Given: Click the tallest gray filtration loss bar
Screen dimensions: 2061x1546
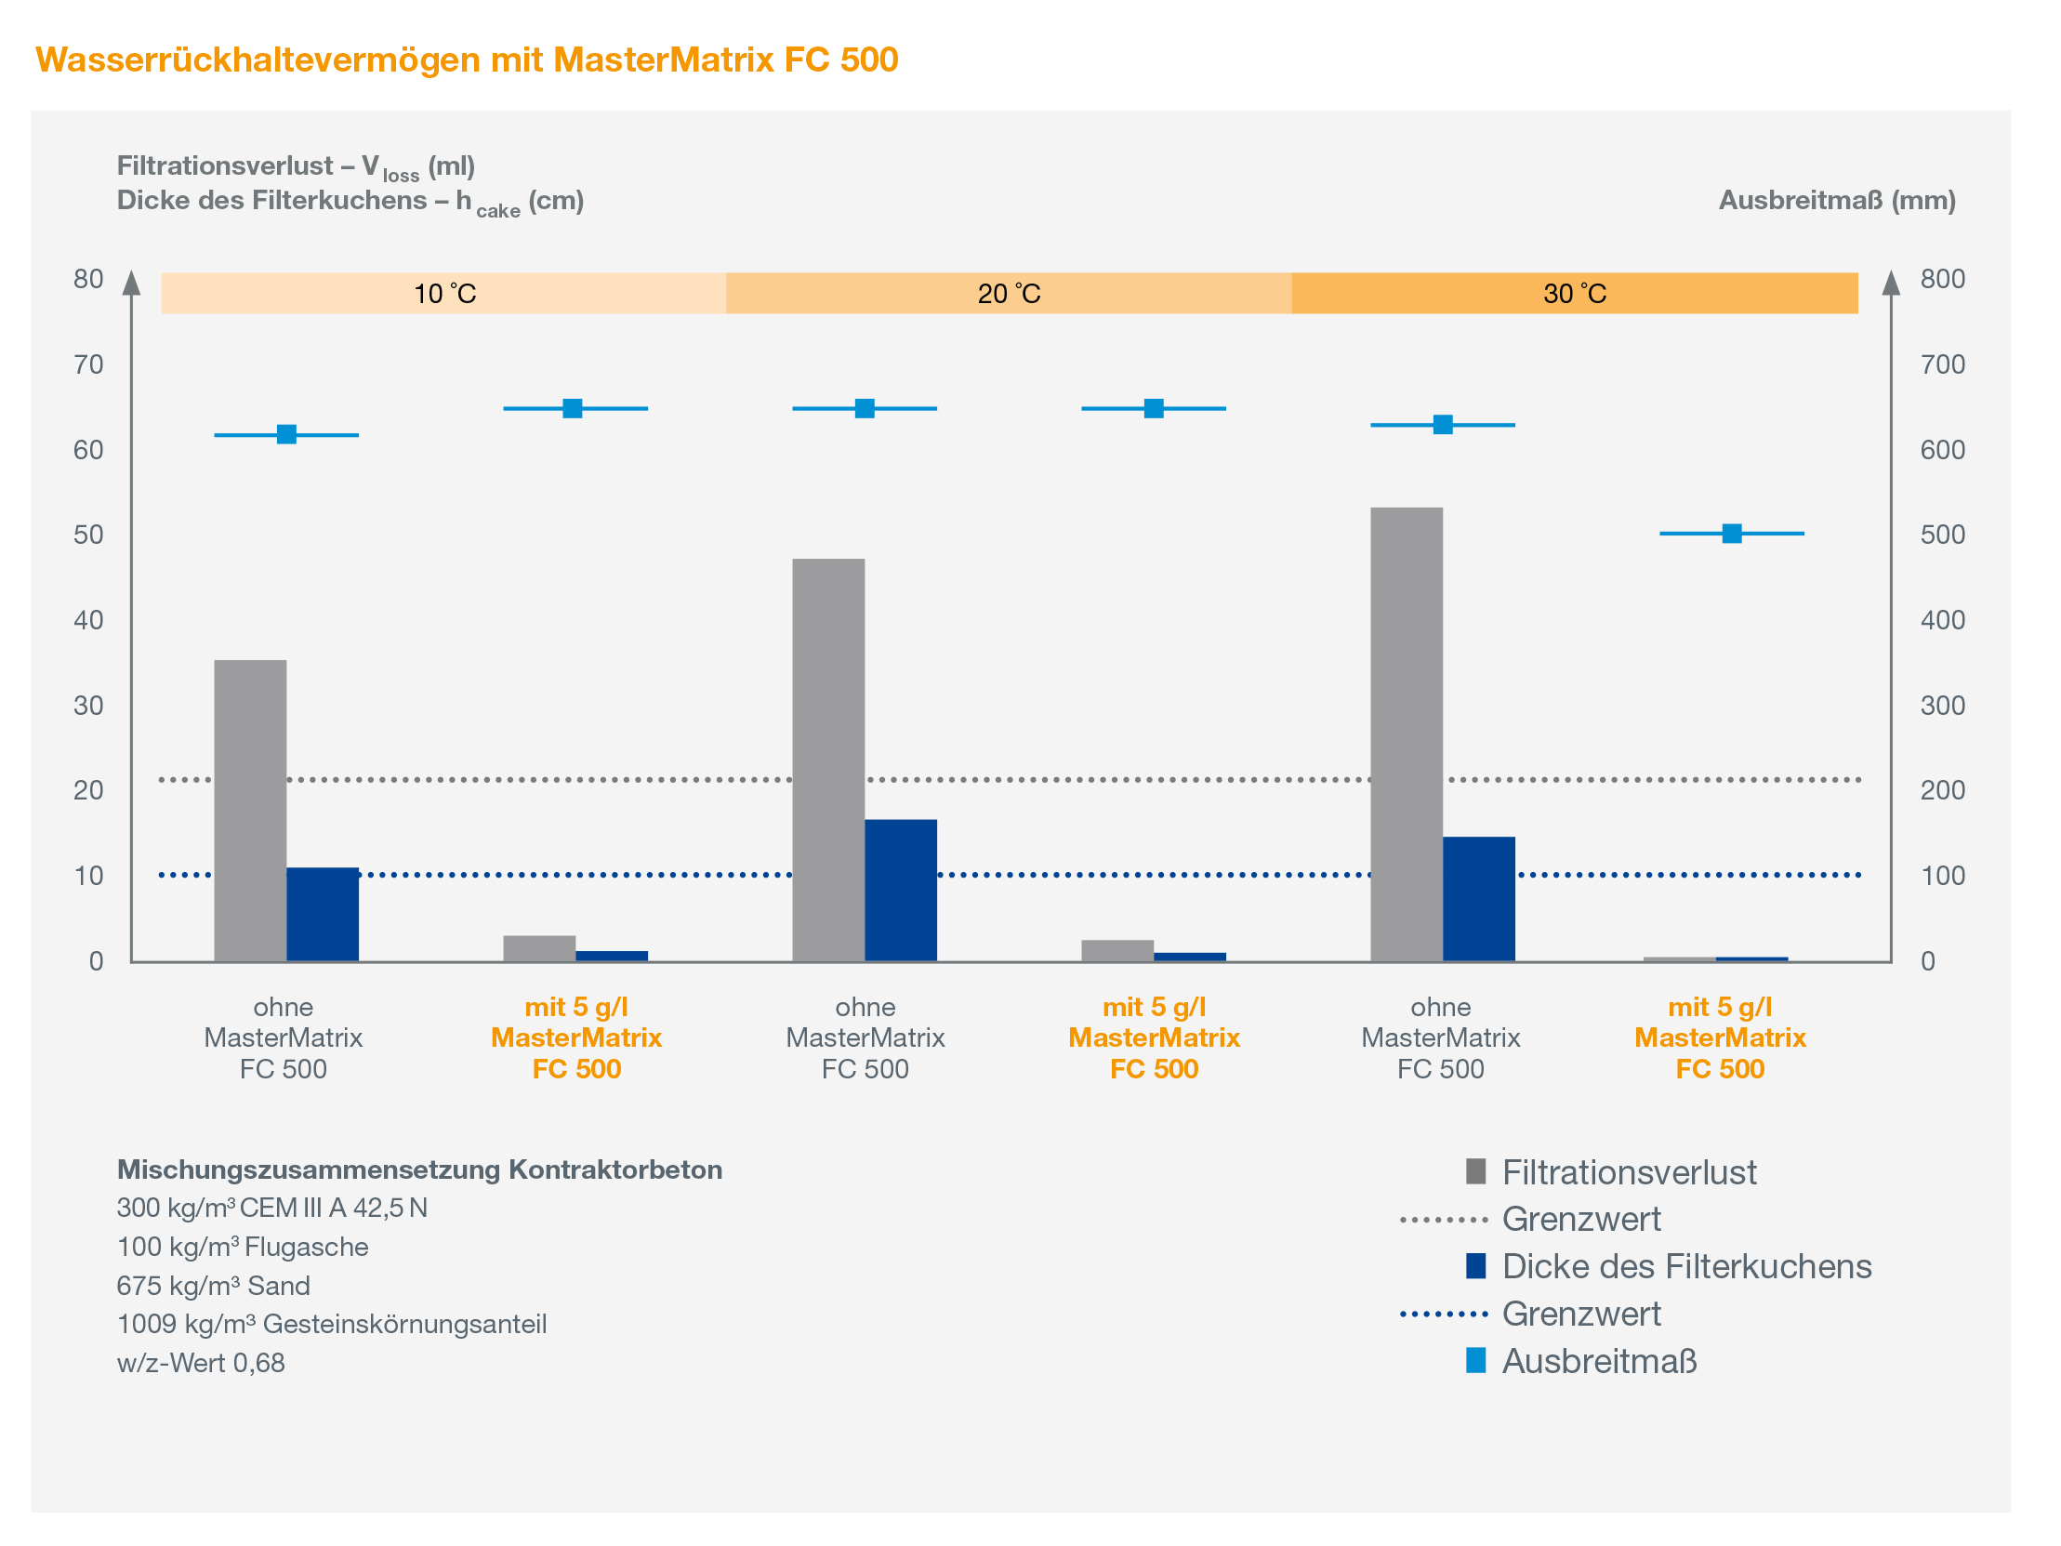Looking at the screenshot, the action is (1406, 734).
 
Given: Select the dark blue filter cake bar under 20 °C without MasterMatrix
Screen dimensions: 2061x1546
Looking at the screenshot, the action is (901, 890).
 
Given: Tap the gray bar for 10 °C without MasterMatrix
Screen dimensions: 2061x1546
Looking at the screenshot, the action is (251, 811).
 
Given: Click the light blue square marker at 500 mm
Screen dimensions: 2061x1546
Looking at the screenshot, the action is (1732, 534).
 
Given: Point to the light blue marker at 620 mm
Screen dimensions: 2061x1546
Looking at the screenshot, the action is (287, 435).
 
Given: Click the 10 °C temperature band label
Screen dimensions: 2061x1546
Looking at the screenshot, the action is (444, 295).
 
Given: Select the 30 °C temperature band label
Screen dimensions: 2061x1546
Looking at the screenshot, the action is (1575, 295).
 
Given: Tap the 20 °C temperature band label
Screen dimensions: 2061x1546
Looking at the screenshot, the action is (1009, 295).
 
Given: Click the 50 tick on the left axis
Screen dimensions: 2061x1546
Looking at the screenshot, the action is (88, 535).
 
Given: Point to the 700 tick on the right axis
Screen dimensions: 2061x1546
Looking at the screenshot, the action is (1943, 364).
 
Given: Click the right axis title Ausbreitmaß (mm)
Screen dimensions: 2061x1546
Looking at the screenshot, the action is (1837, 202).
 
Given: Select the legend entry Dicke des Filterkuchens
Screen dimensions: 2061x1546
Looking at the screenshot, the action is (1686, 1267).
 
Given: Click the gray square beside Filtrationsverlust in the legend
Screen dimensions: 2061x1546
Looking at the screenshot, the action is (1476, 1171).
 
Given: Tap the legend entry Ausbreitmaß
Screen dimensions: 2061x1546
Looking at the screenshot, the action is (1599, 1363).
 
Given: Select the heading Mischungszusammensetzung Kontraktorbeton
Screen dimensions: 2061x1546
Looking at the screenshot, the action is (419, 1170).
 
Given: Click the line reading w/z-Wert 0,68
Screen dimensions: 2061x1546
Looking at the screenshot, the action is (201, 1364).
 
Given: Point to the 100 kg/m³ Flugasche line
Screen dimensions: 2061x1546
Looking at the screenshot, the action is (243, 1247).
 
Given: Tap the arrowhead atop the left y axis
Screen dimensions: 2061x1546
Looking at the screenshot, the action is (132, 283).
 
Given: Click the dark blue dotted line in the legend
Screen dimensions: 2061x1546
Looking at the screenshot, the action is (1445, 1315).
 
